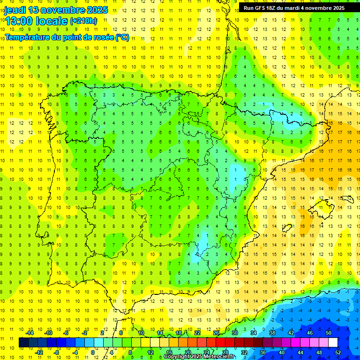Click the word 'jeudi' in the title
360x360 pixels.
pos(15,10)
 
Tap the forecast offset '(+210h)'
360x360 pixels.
pos(83,21)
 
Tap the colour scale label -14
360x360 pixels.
pos(30,332)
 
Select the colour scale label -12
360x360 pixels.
pos(39,352)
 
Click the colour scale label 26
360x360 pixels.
pos(216,332)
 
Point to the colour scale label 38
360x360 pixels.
pos(272,332)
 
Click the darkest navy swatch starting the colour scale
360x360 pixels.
pos(23,343)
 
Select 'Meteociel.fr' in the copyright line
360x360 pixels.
pos(218,357)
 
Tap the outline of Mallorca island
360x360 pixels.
pos(322,206)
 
